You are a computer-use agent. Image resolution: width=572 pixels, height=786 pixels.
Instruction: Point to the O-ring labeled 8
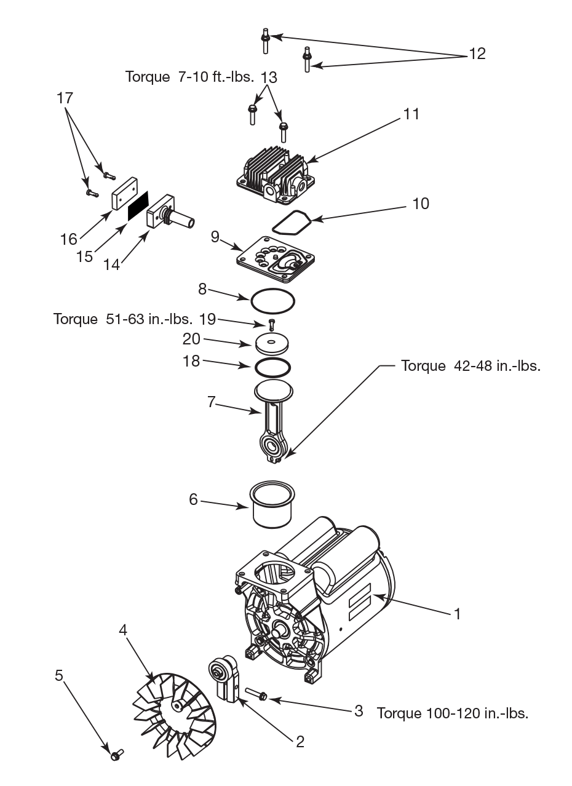pos(272,301)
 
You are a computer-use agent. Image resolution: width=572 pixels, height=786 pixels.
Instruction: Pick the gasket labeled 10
pos(290,222)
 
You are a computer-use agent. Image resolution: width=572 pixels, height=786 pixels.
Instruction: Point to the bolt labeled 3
pos(255,694)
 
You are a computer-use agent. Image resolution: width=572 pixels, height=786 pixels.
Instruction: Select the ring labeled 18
pos(273,367)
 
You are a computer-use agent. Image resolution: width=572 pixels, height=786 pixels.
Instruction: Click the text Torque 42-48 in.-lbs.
pos(471,366)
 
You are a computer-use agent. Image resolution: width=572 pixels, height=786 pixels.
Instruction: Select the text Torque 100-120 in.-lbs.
pos(452,713)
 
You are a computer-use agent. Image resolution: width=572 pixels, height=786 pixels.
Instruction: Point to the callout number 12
pos(477,54)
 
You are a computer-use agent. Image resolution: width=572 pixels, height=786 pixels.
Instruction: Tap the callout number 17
pos(65,98)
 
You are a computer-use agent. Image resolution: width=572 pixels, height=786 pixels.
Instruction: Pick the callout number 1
pos(457,614)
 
